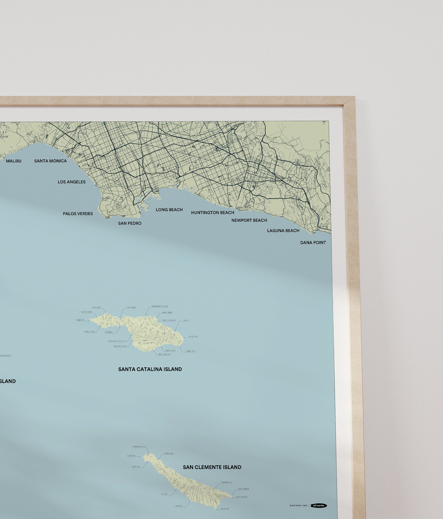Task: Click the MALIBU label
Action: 13,161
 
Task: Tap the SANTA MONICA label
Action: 50,161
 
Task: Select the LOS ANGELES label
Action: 72,182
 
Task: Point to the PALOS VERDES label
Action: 78,214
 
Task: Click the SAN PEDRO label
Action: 130,223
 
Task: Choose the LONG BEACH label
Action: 169,210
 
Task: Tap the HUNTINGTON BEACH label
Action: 213,213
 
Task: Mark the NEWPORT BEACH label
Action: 249,220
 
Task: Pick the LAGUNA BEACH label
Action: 283,231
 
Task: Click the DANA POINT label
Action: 313,243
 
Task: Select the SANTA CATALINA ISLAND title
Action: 150,369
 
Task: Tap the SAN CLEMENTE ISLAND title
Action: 212,467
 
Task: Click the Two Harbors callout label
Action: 131,307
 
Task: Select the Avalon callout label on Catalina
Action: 186,320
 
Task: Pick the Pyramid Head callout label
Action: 243,489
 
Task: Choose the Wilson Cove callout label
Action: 169,453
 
